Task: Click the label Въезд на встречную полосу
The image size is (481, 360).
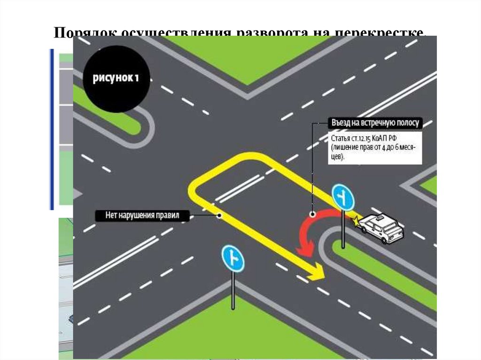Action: [375, 123]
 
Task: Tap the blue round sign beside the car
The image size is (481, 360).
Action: [343, 198]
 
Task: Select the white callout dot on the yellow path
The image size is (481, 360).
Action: [219, 216]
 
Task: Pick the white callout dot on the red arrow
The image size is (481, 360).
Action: [312, 214]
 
